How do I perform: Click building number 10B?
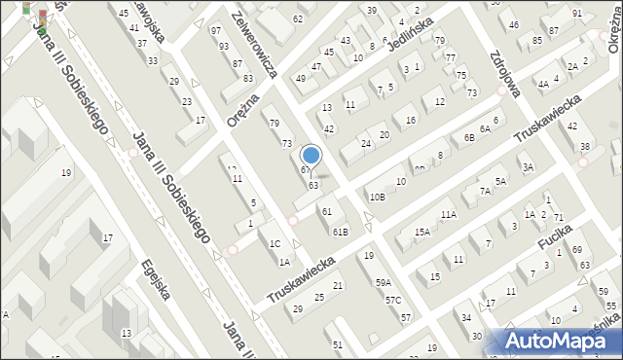coord(377,198)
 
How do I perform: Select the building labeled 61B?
coord(340,232)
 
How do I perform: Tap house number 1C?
coord(275,244)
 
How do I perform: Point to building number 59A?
coord(384,283)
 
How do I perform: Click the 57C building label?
coord(392,301)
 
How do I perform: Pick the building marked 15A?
coord(422,233)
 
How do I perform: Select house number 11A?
coord(448,215)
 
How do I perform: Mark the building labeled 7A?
coord(485,192)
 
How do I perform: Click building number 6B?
coord(469,138)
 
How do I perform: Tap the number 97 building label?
coord(216,31)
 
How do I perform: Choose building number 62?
coord(298,19)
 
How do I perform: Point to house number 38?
coord(585,147)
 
